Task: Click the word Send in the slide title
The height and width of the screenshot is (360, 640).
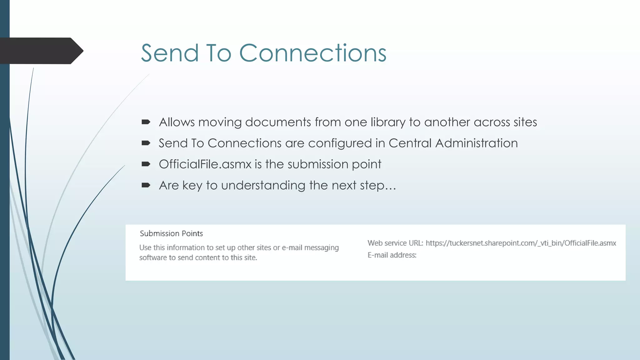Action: pos(170,53)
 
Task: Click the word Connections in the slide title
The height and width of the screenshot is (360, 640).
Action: pos(313,53)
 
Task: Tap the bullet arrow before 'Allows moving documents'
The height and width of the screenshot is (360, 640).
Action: pos(146,122)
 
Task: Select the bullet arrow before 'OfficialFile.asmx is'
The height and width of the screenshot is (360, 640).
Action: pos(146,164)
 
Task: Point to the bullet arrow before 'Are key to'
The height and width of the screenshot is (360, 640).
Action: pos(146,185)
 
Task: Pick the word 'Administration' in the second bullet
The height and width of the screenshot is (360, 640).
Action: pos(476,143)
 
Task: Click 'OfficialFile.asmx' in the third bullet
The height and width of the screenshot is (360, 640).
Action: pos(205,164)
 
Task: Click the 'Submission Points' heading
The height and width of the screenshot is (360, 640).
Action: pos(171,233)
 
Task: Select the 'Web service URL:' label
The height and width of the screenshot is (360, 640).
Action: pos(395,243)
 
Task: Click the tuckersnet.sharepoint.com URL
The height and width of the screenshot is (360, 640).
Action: pos(521,243)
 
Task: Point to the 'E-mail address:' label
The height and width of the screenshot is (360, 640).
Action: pos(392,255)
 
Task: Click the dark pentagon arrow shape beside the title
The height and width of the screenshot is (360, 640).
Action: pos(41,51)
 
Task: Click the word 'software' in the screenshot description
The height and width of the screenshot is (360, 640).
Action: pos(153,257)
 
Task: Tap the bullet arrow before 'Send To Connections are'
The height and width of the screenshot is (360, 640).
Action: pos(146,143)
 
